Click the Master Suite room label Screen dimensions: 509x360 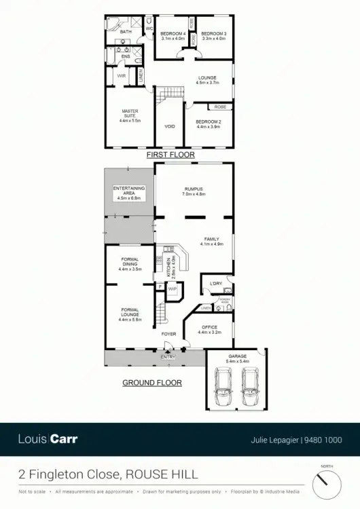[x=129, y=116]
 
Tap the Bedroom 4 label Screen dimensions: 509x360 [x=173, y=36]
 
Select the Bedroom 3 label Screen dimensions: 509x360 [x=214, y=36]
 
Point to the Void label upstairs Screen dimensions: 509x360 [x=170, y=126]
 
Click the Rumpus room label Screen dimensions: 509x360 [x=194, y=191]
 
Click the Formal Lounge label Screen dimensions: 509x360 [x=129, y=316]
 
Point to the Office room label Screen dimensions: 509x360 [x=209, y=330]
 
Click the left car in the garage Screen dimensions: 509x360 [x=223, y=388]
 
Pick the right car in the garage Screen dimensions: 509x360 [x=249, y=388]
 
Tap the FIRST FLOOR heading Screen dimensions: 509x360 [x=170, y=155]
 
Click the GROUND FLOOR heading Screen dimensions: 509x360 [x=151, y=383]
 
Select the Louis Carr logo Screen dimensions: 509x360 [x=48, y=439]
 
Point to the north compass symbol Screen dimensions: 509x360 [x=326, y=483]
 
